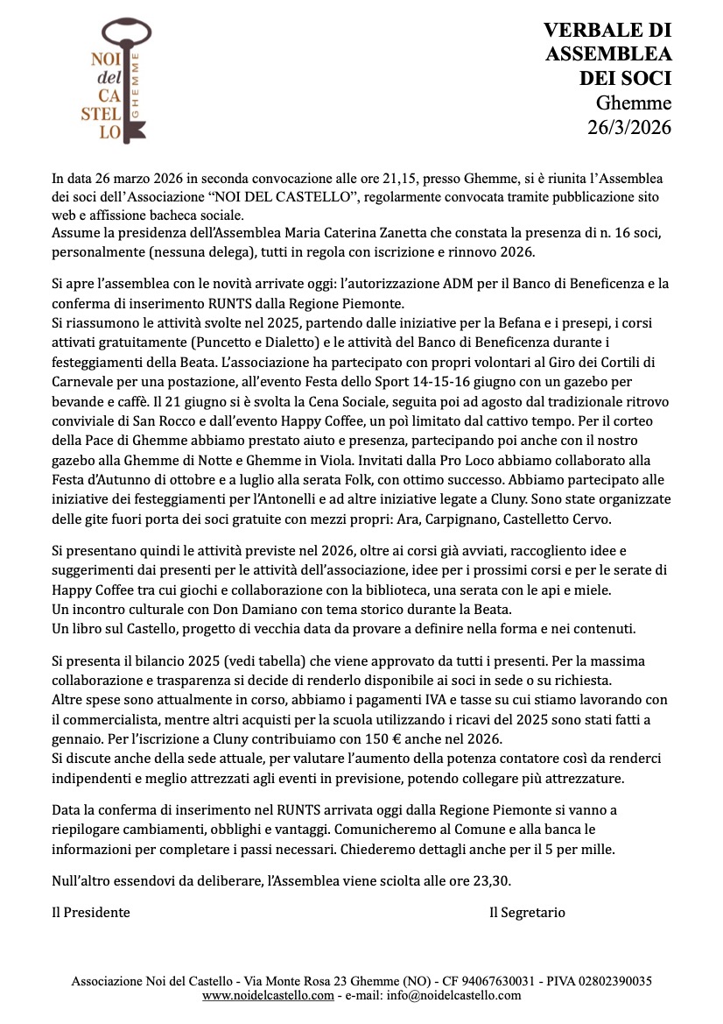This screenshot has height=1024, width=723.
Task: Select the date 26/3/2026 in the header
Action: [628, 127]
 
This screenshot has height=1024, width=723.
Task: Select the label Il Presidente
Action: [90, 913]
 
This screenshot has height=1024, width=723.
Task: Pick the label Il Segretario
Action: [527, 913]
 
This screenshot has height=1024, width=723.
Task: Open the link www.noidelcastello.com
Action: [268, 995]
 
